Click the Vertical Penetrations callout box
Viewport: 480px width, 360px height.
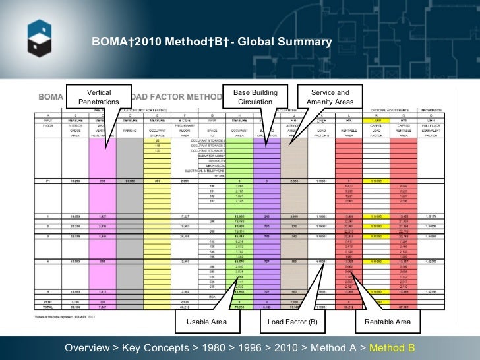pos(98,97)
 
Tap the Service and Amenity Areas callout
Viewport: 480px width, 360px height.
pos(330,97)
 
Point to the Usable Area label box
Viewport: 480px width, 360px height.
pos(206,322)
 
